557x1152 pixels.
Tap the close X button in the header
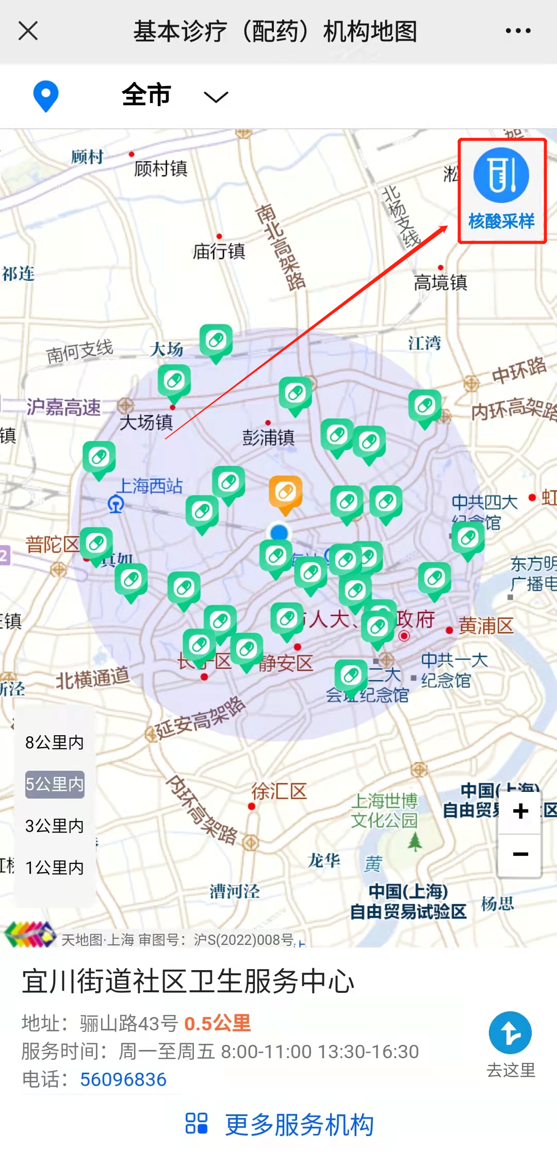(x=28, y=31)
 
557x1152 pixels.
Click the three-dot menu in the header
(x=518, y=31)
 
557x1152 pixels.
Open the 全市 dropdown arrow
(x=216, y=97)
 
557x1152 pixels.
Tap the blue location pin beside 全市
(x=46, y=96)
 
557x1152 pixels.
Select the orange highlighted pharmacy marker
(x=285, y=493)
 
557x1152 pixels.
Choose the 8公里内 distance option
(x=54, y=742)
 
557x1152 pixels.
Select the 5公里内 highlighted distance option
(x=55, y=784)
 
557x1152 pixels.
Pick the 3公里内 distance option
(x=54, y=826)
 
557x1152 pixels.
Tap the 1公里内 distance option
(x=54, y=868)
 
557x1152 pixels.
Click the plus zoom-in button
(x=520, y=811)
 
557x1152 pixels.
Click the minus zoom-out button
(x=520, y=854)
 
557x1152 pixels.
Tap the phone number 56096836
(x=123, y=1079)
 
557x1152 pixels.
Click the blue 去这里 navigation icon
(x=510, y=1033)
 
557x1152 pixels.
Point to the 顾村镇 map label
(x=160, y=168)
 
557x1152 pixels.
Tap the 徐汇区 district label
(x=279, y=791)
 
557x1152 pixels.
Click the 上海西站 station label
(x=150, y=486)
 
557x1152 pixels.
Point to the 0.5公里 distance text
(x=217, y=1023)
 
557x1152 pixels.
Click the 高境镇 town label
(x=440, y=282)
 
